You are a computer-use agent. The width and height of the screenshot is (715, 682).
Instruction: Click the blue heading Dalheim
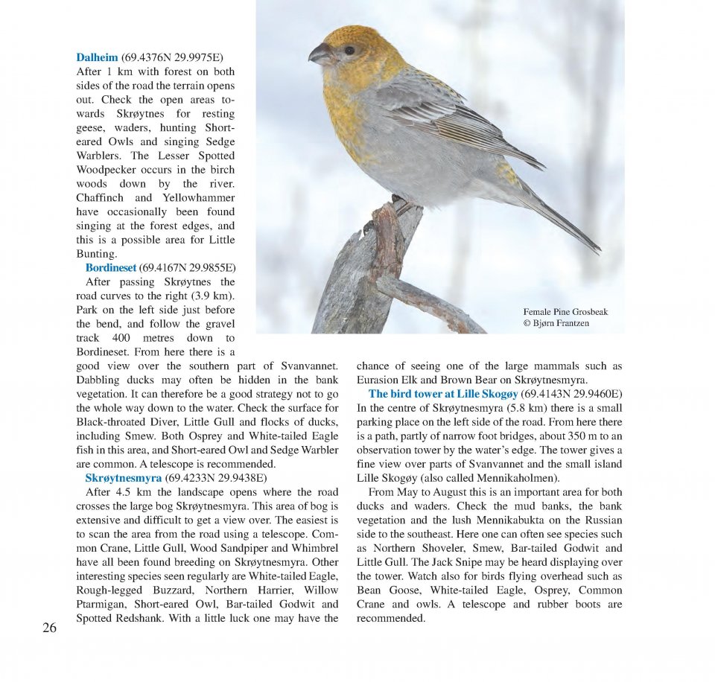coord(97,57)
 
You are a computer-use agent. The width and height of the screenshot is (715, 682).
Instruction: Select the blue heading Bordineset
coord(111,268)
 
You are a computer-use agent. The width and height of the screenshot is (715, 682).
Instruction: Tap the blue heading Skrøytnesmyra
coord(123,478)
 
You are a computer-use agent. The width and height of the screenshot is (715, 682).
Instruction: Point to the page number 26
coord(49,628)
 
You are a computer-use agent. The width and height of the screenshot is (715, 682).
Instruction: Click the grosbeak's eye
coord(349,51)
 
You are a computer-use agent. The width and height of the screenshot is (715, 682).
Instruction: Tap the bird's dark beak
coord(321,54)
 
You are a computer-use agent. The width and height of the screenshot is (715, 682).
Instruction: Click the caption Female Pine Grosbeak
coord(565,312)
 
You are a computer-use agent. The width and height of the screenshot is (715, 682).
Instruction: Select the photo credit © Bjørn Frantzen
coord(556,323)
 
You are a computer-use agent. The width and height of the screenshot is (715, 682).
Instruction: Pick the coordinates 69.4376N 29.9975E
coord(171,57)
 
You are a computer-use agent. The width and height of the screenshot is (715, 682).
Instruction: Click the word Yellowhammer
coord(197,198)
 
